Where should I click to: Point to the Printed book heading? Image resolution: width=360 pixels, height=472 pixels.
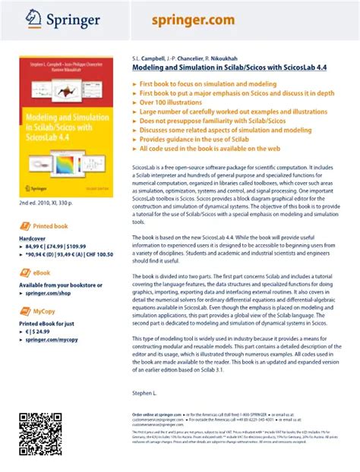coord(50,226)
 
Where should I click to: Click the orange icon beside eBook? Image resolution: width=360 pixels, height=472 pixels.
coord(26,272)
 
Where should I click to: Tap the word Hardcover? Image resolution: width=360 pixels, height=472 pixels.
coord(33,238)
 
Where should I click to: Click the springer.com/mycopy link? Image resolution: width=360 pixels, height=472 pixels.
coord(52,339)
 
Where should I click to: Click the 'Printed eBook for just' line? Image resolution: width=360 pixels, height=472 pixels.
coord(46,323)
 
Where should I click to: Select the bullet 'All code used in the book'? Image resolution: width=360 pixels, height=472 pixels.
coord(209,149)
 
